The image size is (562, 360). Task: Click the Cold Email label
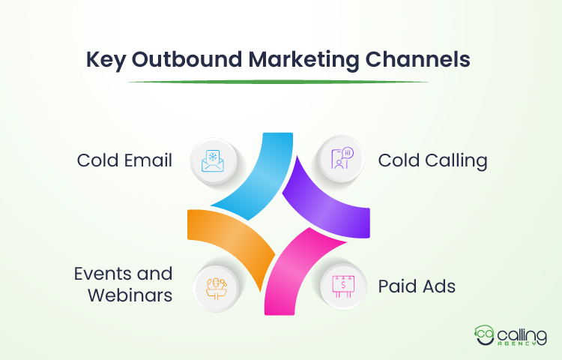(x=124, y=160)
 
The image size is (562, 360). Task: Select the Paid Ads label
(x=417, y=286)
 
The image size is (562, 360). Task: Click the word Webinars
(x=130, y=295)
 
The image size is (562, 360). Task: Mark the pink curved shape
(x=300, y=259)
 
